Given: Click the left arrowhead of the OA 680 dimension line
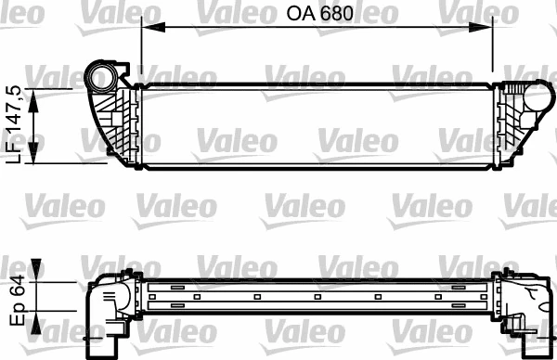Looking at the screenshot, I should (x=147, y=28).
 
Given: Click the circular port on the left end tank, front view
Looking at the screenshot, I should (x=99, y=75).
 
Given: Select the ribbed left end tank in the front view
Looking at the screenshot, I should (x=116, y=121).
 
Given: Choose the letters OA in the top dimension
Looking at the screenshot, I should (x=296, y=14).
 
